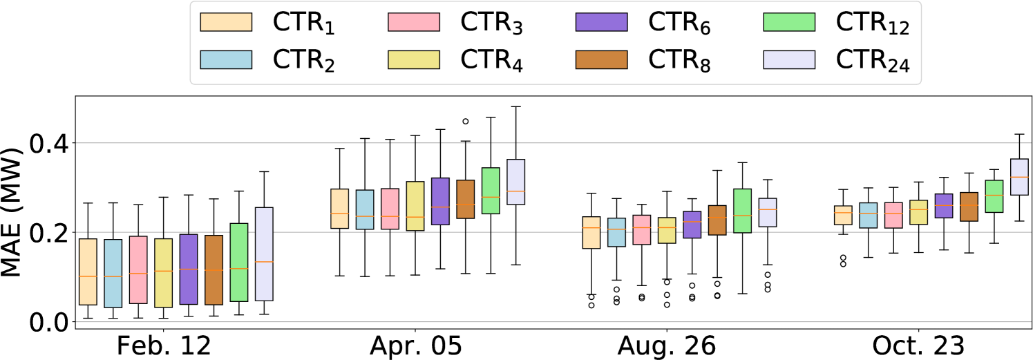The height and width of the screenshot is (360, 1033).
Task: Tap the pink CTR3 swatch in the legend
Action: point(414,22)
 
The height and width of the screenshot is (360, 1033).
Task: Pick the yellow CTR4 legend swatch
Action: point(414,59)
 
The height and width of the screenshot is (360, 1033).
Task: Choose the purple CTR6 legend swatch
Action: point(601,22)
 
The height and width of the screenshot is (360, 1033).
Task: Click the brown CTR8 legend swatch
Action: point(601,59)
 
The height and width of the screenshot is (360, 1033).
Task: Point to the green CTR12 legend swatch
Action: point(789,22)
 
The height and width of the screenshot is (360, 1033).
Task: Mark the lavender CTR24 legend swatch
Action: point(789,59)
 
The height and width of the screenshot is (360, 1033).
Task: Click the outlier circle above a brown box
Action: point(466,121)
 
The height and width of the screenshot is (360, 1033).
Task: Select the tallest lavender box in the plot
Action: point(264,254)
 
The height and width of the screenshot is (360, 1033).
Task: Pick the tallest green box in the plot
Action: point(239,262)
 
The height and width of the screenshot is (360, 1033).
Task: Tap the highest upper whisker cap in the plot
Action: point(515,106)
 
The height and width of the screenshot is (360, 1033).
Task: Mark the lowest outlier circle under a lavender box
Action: point(768,289)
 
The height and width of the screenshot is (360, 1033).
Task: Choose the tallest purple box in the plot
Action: point(189,269)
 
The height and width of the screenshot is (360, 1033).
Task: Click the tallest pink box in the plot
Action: point(138,269)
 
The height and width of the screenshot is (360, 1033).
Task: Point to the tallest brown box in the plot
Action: point(214,269)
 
